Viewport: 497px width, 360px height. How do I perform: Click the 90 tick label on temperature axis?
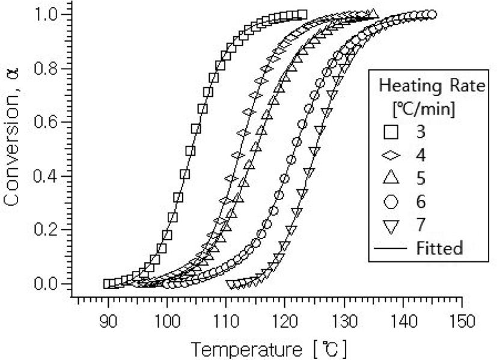tap(108, 322)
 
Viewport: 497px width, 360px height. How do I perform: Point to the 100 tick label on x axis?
tap(167, 322)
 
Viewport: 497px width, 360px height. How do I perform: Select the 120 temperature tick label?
tap(285, 322)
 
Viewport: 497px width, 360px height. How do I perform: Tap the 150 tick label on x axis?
tap(462, 322)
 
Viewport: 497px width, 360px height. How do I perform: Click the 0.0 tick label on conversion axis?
tap(46, 284)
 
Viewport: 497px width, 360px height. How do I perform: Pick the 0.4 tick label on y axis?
tap(46, 176)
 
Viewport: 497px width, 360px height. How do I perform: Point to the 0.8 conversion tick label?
tap(46, 69)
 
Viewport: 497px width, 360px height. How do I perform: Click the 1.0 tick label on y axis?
tap(46, 15)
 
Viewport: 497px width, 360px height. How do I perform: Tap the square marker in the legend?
tap(391, 132)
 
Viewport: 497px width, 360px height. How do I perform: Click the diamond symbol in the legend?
tap(391, 155)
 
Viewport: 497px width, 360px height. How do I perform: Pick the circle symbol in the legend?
tap(391, 202)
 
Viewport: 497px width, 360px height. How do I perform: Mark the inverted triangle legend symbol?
tap(391, 225)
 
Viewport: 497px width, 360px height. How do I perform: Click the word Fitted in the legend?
tap(439, 248)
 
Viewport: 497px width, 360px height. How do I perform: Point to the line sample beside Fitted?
tap(390, 248)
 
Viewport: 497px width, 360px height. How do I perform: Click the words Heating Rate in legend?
tap(432, 85)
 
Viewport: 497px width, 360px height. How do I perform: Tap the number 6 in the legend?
tap(421, 202)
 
